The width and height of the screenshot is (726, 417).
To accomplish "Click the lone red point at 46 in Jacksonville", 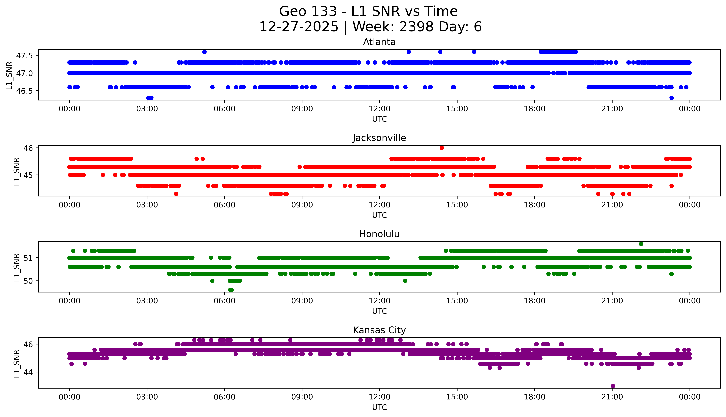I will point(442,148).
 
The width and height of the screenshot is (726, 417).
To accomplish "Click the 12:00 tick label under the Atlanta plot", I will point(379,109).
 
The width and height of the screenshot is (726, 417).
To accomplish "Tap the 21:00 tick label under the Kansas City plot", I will point(612,397).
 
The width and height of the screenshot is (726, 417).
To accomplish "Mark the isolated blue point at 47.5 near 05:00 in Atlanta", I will point(204,52).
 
